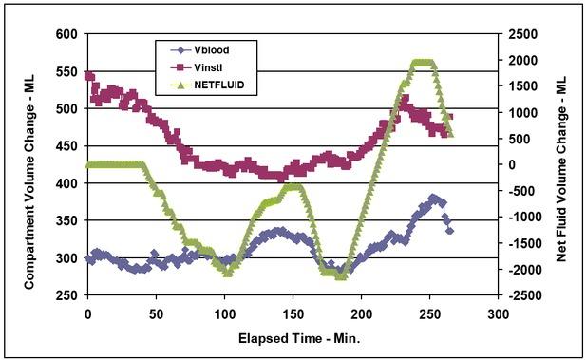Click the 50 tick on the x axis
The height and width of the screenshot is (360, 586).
156,311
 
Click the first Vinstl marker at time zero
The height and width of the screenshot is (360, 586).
89,76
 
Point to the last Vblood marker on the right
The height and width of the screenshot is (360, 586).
449,230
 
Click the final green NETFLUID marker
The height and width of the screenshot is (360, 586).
450,135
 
